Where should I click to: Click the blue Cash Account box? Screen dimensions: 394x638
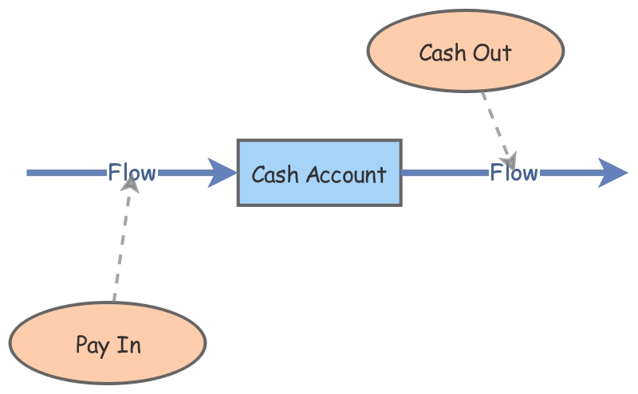319,173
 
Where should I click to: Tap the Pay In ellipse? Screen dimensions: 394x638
108,343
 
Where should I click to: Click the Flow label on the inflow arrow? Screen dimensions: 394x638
132,172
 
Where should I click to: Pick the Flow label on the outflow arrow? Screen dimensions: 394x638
514,172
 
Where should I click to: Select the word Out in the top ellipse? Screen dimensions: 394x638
494,53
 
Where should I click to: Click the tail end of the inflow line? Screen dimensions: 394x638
30,173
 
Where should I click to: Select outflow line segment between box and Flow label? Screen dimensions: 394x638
444,172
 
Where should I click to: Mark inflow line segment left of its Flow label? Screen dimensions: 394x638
68,173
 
